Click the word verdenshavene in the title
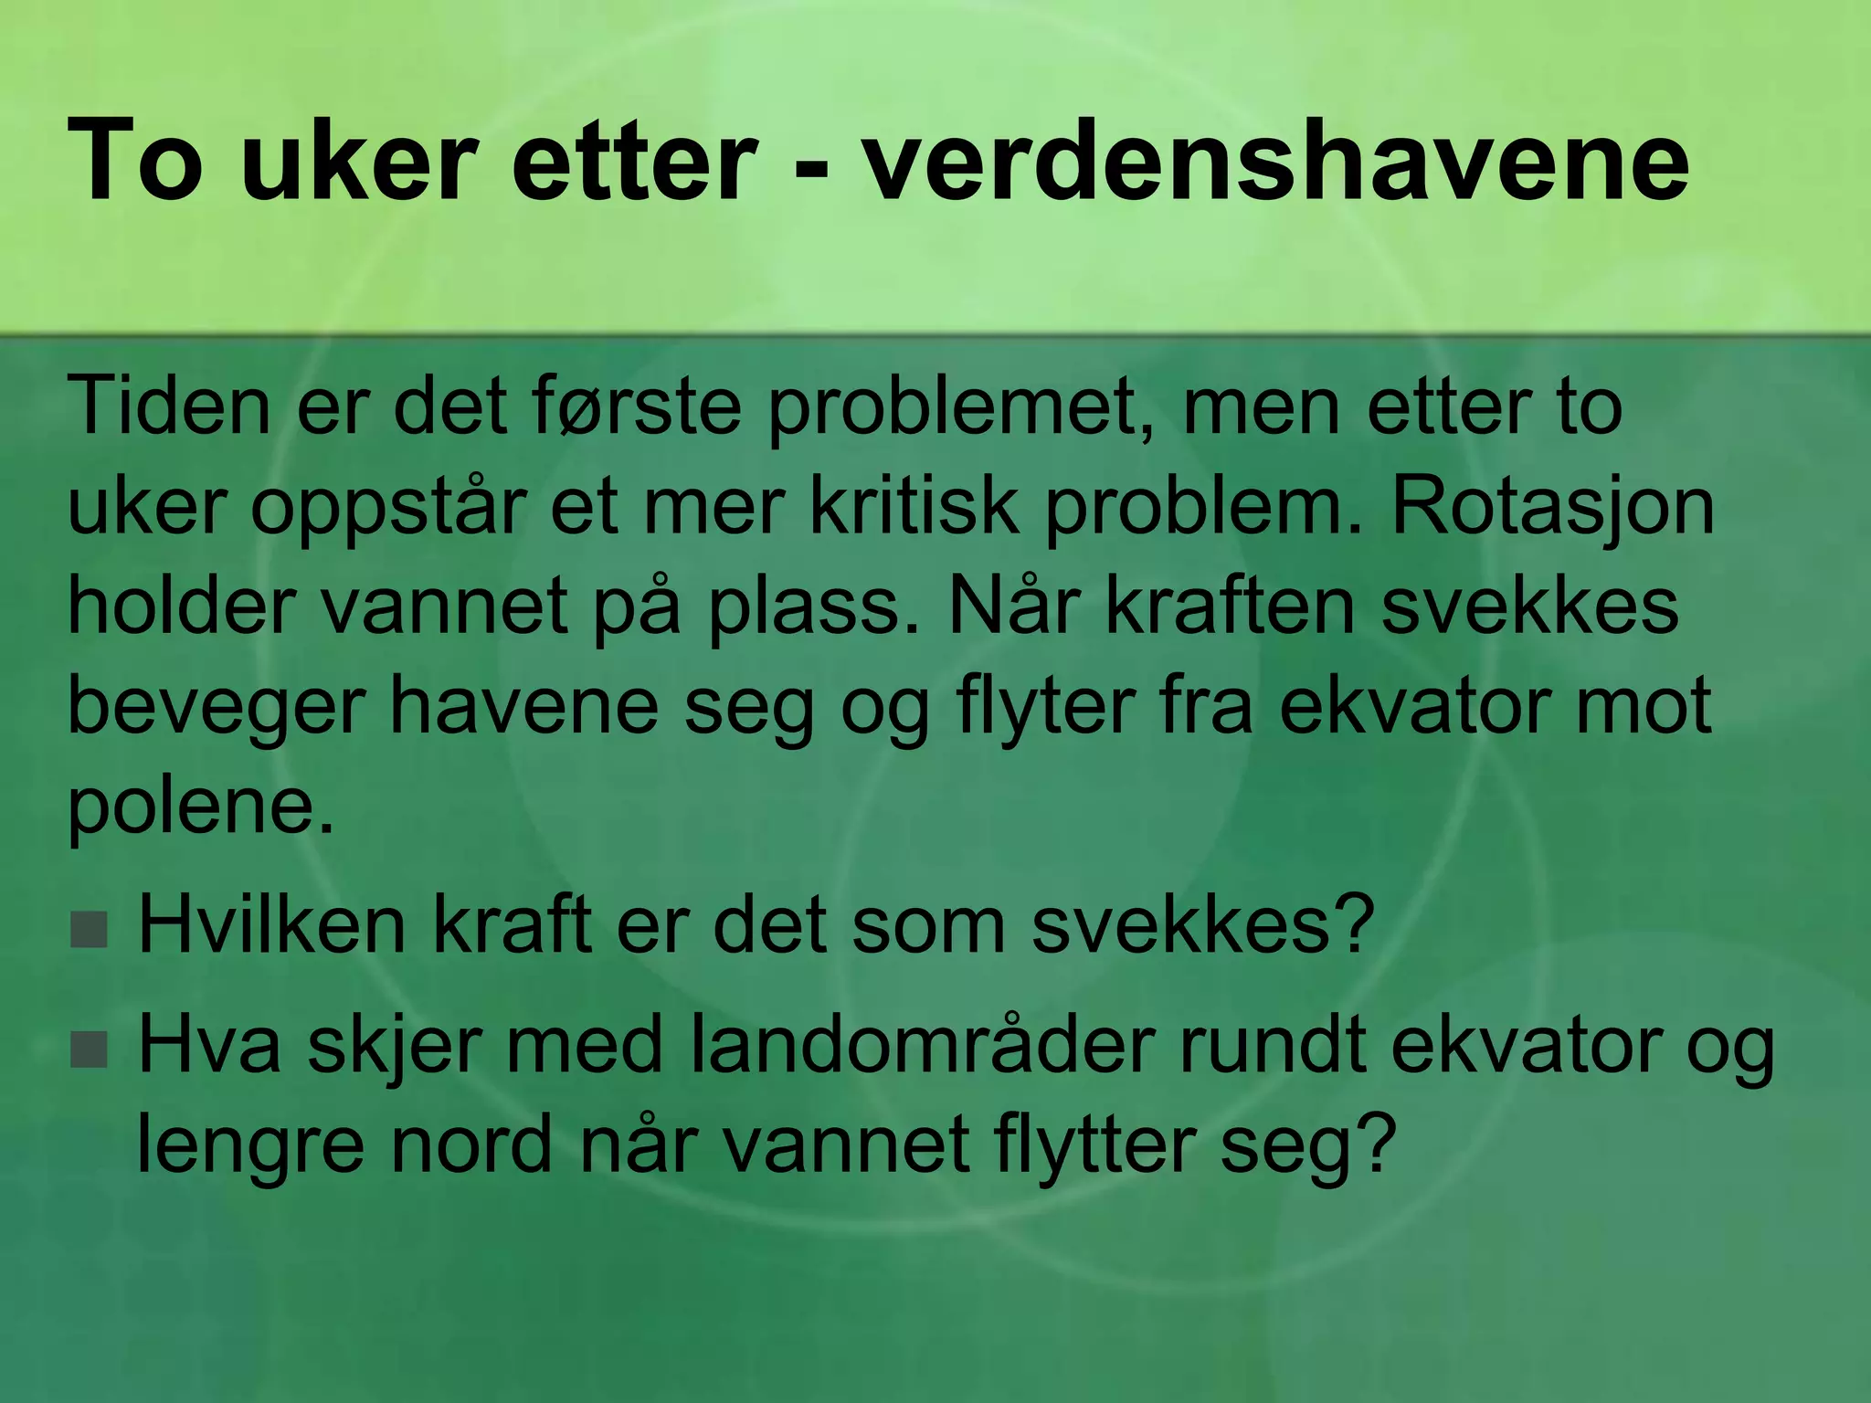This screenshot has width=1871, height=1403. (x=1275, y=163)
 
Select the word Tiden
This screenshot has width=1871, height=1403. (x=169, y=406)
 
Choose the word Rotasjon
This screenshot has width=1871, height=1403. (x=1552, y=508)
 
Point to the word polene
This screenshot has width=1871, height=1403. (x=201, y=808)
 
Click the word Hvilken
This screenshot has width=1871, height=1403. (x=271, y=926)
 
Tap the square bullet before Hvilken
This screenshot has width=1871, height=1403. (x=89, y=930)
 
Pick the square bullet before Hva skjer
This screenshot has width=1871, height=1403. (x=89, y=1050)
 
